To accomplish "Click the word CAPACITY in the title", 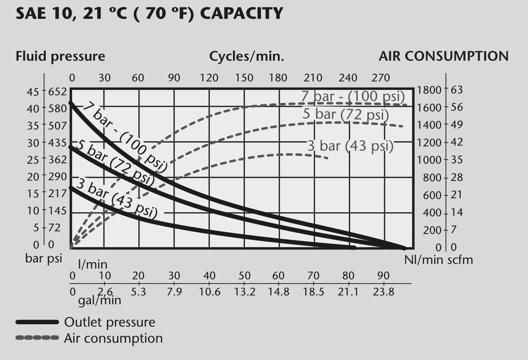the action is click(241, 13).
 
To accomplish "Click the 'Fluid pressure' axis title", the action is click(60, 56).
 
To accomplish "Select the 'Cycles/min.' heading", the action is click(247, 56).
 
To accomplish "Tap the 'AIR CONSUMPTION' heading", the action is click(443, 56).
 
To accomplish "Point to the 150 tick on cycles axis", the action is click(244, 78).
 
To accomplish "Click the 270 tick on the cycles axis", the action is click(381, 78).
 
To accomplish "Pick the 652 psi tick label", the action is click(58, 92).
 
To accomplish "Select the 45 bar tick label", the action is click(33, 92).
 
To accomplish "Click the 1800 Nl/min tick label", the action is click(429, 90).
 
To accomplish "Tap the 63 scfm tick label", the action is click(457, 90).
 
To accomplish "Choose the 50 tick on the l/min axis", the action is click(244, 275).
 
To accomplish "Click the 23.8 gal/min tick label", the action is click(384, 292).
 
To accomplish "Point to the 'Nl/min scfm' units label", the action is click(439, 260).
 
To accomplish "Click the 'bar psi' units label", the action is click(43, 259).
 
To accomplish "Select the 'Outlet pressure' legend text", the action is click(110, 322).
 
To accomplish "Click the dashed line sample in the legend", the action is click(37, 338).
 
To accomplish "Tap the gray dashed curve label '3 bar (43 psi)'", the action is click(351, 146).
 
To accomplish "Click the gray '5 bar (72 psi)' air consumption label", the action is click(346, 114).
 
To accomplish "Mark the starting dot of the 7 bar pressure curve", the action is click(71, 103).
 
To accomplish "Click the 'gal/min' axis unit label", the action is click(100, 300).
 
